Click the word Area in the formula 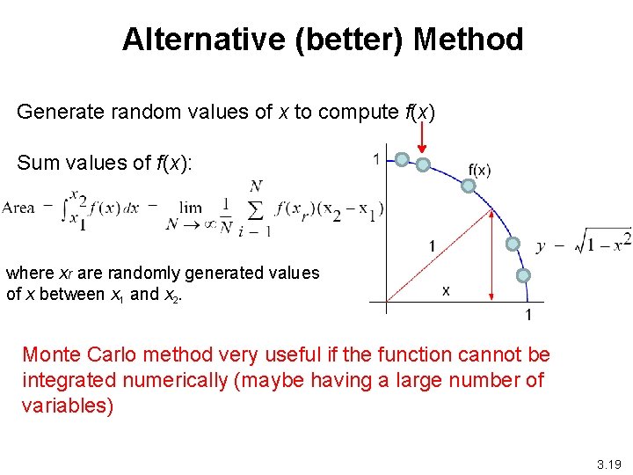tap(18, 208)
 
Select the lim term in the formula tap(190, 208)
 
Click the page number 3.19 tap(608, 462)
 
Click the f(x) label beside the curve tap(479, 170)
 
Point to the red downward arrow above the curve tap(423, 135)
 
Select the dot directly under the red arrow tap(423, 164)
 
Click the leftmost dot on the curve tap(401, 159)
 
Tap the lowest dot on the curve tap(523, 275)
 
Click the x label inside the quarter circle tap(446, 289)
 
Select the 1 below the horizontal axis tap(528, 315)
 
